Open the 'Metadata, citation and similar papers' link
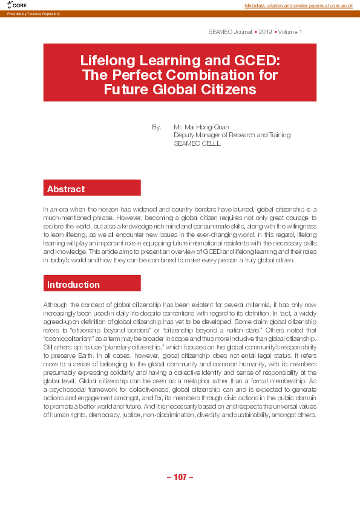(x=298, y=5)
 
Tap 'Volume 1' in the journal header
(x=290, y=31)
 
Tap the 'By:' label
(x=157, y=127)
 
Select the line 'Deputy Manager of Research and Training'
(x=232, y=135)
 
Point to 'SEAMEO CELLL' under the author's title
(x=197, y=144)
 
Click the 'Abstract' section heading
(x=66, y=189)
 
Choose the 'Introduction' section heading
(x=73, y=285)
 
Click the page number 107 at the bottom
(x=180, y=478)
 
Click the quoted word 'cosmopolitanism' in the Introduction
(x=69, y=349)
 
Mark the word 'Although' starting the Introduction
(x=55, y=306)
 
